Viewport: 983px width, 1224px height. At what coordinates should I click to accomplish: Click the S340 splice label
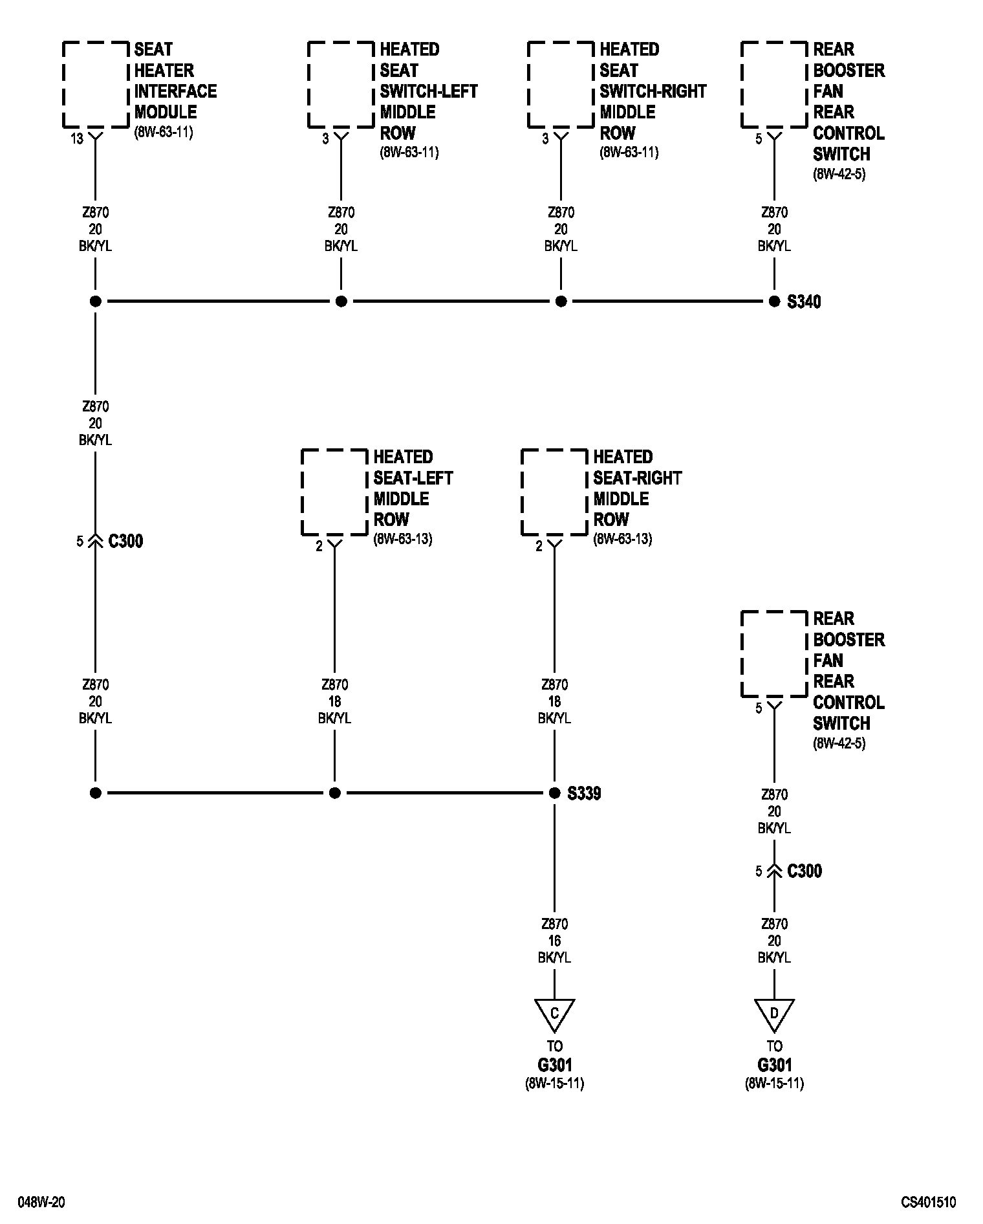tap(804, 302)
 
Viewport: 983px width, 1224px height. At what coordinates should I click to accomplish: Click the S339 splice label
tap(584, 793)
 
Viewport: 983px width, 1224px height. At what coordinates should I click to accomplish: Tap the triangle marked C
tap(554, 1013)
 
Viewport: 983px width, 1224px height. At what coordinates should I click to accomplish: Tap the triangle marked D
tap(774, 1013)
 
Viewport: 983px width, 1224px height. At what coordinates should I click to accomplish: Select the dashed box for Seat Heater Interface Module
tap(96, 84)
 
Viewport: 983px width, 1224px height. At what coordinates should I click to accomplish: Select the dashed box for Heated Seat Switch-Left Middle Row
tap(341, 84)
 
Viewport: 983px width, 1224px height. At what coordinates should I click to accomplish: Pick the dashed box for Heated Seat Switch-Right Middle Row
tap(561, 84)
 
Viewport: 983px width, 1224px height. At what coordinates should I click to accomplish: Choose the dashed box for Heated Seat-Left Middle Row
tap(334, 492)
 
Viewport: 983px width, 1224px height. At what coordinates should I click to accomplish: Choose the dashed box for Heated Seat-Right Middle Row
tap(554, 492)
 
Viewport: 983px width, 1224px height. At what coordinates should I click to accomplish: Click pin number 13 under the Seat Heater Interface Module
tap(77, 138)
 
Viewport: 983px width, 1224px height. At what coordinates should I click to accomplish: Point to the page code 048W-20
tap(41, 1203)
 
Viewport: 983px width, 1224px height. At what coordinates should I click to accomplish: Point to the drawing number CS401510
tap(929, 1203)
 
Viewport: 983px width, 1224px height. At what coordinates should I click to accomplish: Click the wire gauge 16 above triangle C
tap(554, 941)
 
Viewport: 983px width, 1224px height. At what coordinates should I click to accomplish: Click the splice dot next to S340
tap(774, 301)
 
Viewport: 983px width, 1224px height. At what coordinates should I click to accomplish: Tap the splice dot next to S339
tap(554, 793)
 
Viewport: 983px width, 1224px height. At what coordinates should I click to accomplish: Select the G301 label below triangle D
tap(774, 1065)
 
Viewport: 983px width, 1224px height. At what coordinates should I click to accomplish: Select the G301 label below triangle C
tap(554, 1065)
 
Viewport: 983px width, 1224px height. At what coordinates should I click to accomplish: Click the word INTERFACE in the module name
tap(175, 91)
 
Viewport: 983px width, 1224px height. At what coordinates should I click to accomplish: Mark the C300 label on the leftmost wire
tap(125, 541)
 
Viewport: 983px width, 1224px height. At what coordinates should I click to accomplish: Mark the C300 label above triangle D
tap(805, 871)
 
